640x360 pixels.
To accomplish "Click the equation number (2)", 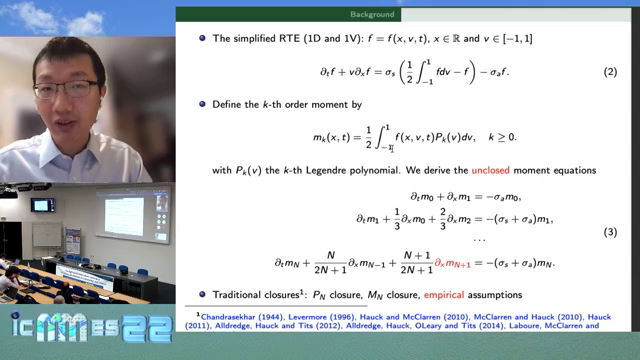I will pyautogui.click(x=610, y=73).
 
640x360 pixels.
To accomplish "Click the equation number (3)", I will pyautogui.click(x=610, y=232).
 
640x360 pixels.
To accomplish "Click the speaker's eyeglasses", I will pyautogui.click(x=67, y=88).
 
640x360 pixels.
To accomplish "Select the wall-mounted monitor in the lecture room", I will pyautogui.click(x=42, y=205).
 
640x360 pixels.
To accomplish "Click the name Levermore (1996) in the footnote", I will pyautogui.click(x=312, y=316).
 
